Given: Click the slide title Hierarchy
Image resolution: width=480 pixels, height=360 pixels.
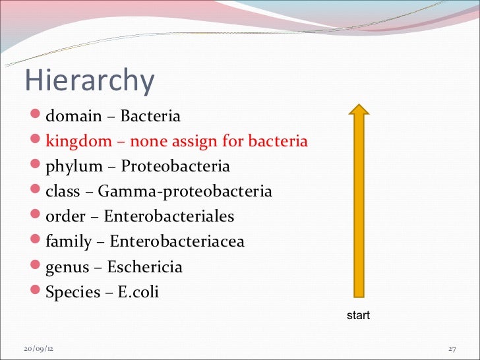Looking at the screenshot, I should pyautogui.click(x=90, y=80).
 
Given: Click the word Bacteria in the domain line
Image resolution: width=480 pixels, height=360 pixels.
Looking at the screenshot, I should pyautogui.click(x=150, y=117).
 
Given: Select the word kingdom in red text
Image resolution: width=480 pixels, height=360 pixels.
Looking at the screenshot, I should pyautogui.click(x=76, y=142).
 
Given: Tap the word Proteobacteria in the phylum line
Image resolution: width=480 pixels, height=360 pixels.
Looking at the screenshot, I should pyautogui.click(x=175, y=167).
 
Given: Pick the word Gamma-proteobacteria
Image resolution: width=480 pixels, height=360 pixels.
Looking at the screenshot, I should pyautogui.click(x=185, y=192).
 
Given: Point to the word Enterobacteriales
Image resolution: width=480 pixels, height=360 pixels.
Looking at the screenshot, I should pyautogui.click(x=169, y=217).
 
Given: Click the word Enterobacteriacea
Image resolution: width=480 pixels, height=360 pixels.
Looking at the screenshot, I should pyautogui.click(x=177, y=242).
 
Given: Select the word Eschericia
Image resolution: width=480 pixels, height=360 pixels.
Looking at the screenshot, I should pyautogui.click(x=144, y=267).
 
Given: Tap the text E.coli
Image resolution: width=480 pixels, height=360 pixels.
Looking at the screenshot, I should pyautogui.click(x=138, y=292).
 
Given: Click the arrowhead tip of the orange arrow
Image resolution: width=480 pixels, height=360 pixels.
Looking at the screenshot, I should pyautogui.click(x=358, y=106).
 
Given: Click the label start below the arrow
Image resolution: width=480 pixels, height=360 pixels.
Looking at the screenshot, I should pyautogui.click(x=358, y=316).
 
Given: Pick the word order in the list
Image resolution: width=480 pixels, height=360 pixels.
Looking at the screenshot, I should pyautogui.click(x=65, y=217).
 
